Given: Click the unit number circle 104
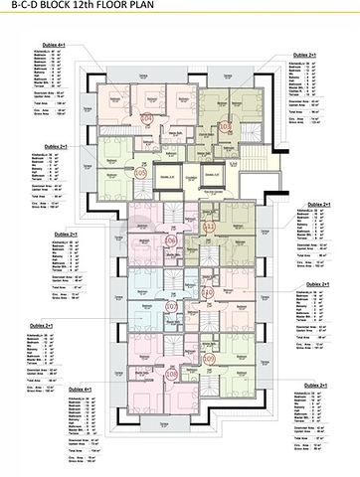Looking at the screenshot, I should point(146,118).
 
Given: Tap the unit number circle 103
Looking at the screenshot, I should point(224,126).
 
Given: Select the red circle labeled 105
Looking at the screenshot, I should point(140,173).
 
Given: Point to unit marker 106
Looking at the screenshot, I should point(170,241).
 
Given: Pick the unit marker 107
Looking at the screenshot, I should point(170,307).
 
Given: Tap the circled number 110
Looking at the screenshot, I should point(208,293).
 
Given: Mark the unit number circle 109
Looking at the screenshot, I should point(209,358).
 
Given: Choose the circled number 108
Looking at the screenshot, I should point(171,374).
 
